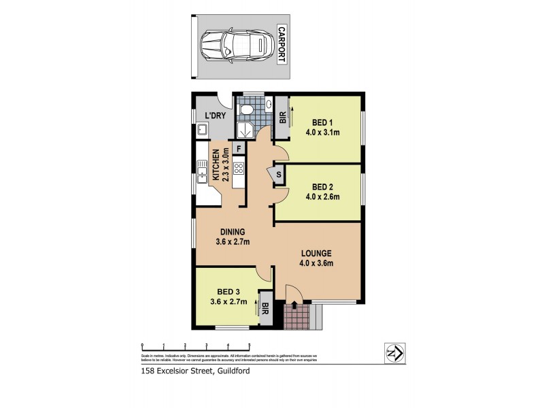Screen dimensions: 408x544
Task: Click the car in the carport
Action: (234, 46)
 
